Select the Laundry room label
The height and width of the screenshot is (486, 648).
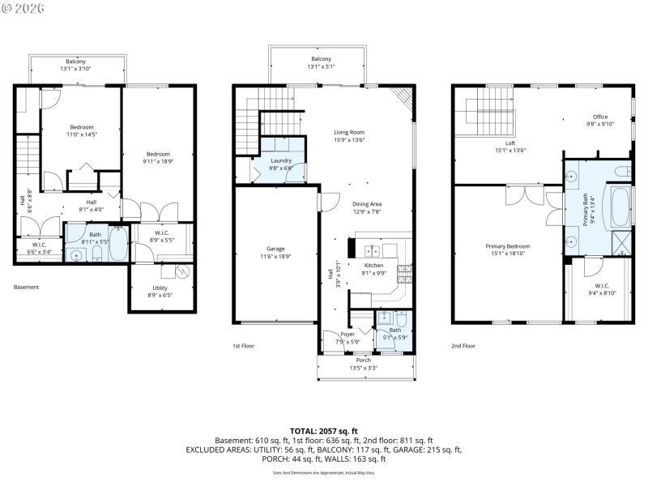281,160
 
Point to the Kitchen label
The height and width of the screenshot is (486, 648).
373,265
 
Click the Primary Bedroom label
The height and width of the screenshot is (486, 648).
508,246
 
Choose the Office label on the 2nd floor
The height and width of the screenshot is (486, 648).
600,117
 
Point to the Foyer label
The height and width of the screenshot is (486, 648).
347,334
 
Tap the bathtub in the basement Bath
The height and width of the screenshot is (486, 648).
117,247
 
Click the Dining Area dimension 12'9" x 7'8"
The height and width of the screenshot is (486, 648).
367,212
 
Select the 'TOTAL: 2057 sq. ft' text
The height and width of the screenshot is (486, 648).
323,431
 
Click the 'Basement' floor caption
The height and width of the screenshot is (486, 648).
26,287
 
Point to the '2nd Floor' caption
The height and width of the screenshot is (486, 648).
463,345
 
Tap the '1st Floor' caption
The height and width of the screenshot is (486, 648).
244,345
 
